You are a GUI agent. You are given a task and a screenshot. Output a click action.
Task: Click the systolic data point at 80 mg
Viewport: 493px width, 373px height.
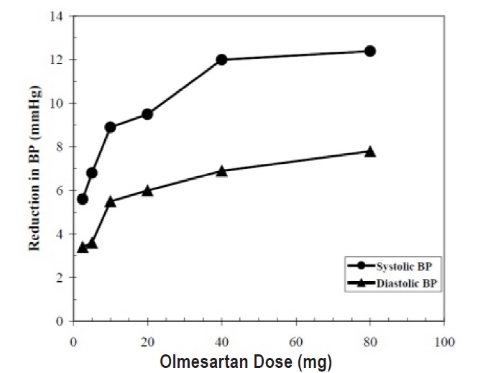coord(370,51)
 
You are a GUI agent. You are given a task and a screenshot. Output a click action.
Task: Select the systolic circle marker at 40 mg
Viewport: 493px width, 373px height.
coord(221,60)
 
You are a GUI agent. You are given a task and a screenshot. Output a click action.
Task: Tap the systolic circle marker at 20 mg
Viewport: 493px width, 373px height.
coord(147,114)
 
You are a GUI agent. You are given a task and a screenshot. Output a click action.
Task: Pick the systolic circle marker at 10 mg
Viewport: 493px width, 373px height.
coord(110,127)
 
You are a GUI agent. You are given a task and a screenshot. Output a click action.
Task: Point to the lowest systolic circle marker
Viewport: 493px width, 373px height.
coord(82,199)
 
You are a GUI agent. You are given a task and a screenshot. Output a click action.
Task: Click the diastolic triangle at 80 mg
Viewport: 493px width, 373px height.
coord(370,152)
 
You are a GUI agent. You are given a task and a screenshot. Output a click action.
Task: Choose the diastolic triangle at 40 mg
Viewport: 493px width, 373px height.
coord(221,171)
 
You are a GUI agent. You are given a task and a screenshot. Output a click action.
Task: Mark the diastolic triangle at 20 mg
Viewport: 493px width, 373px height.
coord(147,190)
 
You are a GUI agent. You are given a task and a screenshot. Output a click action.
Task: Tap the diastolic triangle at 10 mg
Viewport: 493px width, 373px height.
coord(110,202)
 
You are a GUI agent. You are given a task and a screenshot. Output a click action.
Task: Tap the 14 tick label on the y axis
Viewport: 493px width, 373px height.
coord(60,16)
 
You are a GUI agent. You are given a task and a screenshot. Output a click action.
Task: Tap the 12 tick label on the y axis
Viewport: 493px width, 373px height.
coord(60,60)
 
